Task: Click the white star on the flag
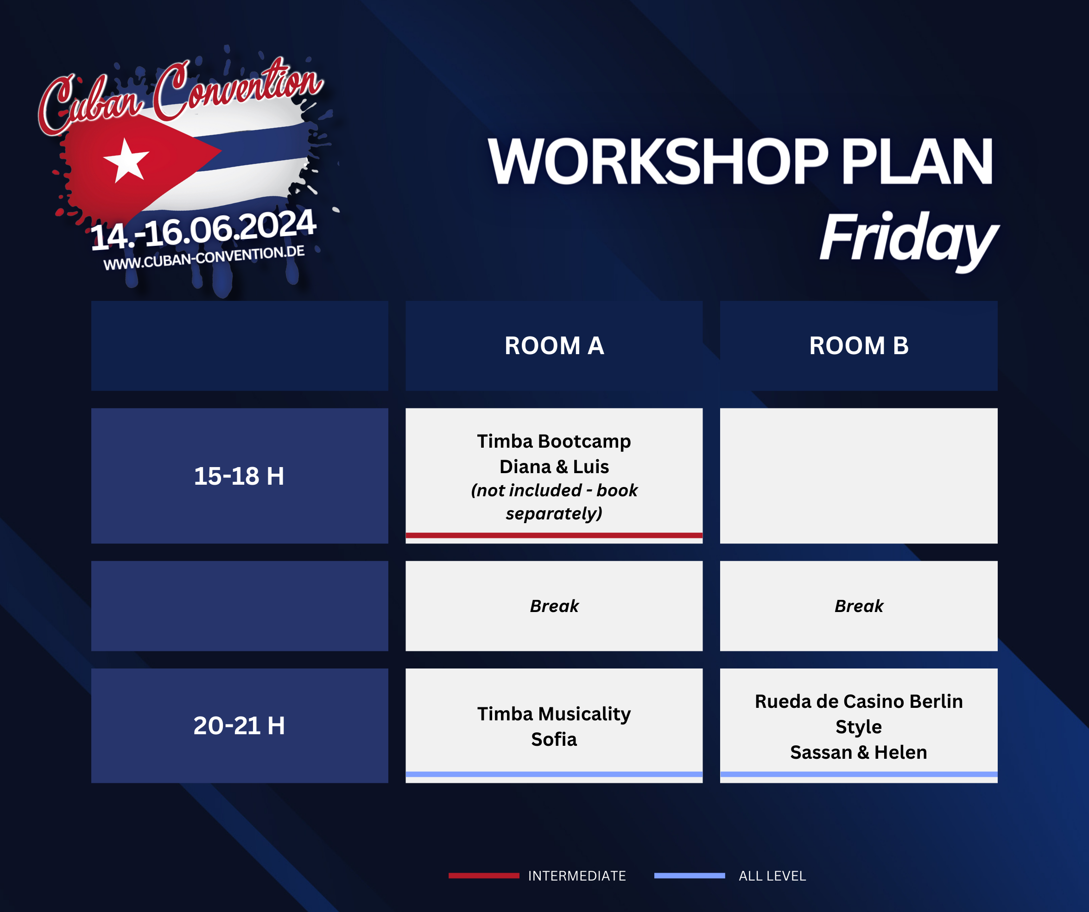click(x=126, y=161)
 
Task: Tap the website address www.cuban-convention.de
click(x=204, y=258)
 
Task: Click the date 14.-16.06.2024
click(x=203, y=230)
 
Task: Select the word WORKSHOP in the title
click(x=658, y=162)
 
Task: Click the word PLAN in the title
click(x=917, y=162)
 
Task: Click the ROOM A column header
click(x=554, y=346)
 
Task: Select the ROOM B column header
click(x=859, y=346)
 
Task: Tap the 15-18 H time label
click(x=239, y=476)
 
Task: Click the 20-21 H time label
click(x=239, y=725)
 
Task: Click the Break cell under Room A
click(x=554, y=606)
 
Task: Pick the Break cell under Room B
click(x=859, y=606)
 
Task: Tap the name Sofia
click(x=554, y=739)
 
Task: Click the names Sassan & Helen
click(x=859, y=752)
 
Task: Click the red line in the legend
click(x=484, y=876)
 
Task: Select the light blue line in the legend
click(x=690, y=876)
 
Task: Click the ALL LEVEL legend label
click(x=772, y=876)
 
